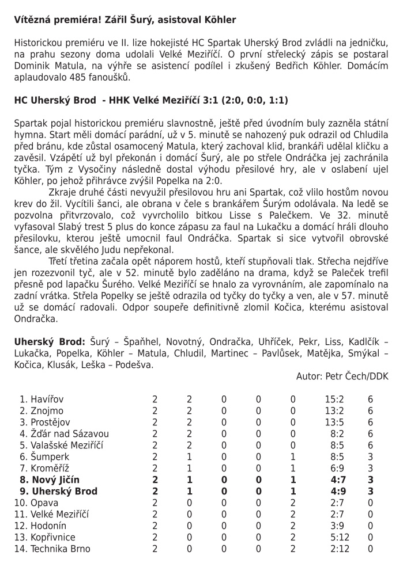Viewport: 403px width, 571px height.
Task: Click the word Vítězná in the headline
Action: pyautogui.click(x=32, y=20)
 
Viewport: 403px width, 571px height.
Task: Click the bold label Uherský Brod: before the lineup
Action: pyautogui.click(x=50, y=341)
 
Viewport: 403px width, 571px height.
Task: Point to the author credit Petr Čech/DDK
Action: pyautogui.click(x=359, y=376)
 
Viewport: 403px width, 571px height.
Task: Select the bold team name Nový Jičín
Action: pyautogui.click(x=55, y=479)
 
